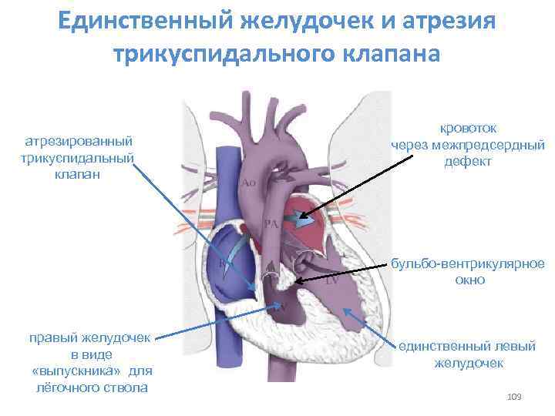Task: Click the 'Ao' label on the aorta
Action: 248,183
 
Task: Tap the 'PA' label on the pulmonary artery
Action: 271,223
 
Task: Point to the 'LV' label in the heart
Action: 333,282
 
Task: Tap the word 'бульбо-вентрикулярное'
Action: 468,263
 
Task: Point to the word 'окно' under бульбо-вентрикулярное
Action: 469,280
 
